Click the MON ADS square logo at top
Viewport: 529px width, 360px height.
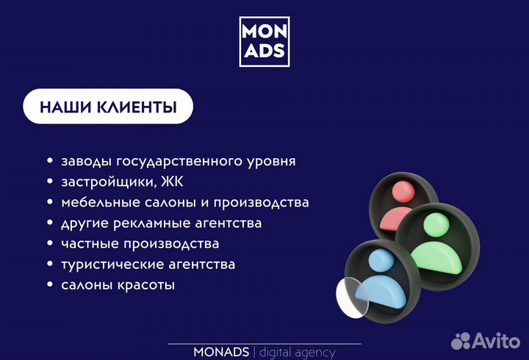264,41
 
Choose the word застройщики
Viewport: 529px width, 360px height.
107,181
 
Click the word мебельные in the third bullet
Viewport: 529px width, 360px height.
94,202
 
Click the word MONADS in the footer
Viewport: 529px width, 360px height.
221,353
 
